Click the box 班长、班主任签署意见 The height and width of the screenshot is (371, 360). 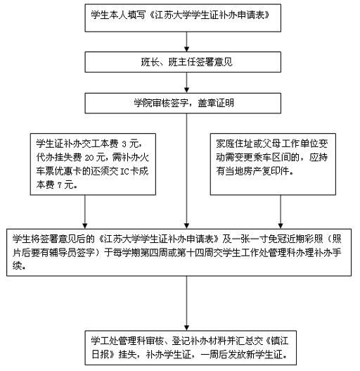pyautogui.click(x=183, y=62)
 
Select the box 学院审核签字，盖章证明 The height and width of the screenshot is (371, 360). pyautogui.click(x=183, y=103)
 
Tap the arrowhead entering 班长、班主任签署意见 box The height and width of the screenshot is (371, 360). pyautogui.click(x=186, y=49)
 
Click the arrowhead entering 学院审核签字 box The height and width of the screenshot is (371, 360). pyautogui.click(x=186, y=90)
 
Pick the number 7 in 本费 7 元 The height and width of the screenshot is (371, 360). pyautogui.click(x=59, y=185)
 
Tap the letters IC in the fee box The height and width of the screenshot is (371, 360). pyautogui.click(x=125, y=171)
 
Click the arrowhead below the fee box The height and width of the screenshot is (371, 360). pyautogui.click(x=85, y=226)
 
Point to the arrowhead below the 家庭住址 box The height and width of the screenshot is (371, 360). pyautogui.click(x=281, y=226)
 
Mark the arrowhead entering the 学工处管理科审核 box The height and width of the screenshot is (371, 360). pyautogui.click(x=186, y=328)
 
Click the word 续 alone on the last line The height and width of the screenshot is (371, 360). pyautogui.click(x=17, y=266)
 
